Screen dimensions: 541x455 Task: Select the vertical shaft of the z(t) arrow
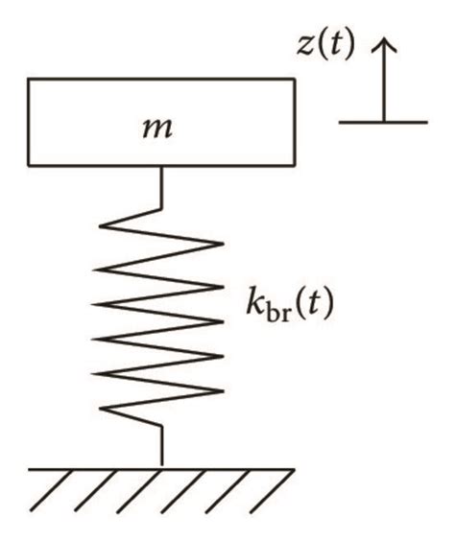point(384,86)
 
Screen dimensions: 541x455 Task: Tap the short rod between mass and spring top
point(161,185)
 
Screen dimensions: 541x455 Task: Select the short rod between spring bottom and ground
point(161,447)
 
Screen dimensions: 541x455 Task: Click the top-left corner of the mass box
point(28,80)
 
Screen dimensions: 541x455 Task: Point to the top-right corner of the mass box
point(294,80)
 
